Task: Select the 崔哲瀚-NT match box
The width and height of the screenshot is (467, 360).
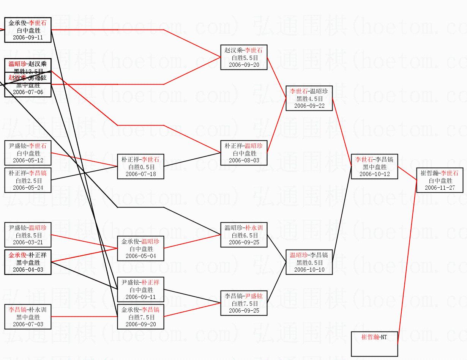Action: (374, 344)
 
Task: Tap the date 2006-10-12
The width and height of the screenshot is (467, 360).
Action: (374, 174)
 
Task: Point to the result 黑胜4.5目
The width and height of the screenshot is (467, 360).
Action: (309, 99)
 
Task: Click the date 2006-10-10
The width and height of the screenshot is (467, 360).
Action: (309, 270)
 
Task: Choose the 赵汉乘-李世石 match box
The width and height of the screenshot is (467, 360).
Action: (244, 57)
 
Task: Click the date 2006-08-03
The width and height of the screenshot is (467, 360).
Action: (244, 160)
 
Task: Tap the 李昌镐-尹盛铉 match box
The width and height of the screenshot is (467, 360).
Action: (244, 303)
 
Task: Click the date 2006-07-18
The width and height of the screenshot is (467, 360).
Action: (140, 174)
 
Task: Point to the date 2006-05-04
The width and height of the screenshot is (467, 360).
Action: (140, 256)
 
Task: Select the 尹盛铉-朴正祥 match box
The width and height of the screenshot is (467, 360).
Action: (140, 289)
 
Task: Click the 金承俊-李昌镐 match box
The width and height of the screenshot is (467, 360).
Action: (140, 317)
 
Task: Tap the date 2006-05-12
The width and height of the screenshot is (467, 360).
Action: (28, 160)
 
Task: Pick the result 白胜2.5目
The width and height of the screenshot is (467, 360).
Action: (28, 181)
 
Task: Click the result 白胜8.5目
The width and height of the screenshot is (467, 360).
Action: (28, 235)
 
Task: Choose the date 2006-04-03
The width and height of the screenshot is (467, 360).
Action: (28, 270)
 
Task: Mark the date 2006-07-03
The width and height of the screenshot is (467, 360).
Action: (28, 324)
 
